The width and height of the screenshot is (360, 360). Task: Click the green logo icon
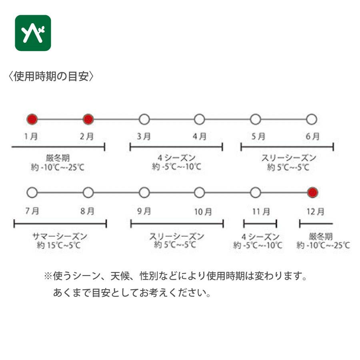pyautogui.click(x=33, y=33)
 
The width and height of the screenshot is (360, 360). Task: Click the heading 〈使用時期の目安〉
pyautogui.click(x=50, y=76)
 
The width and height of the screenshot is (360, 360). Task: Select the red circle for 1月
pyautogui.click(x=32, y=119)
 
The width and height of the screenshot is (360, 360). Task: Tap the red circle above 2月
pyautogui.click(x=88, y=119)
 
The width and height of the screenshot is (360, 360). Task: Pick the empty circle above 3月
pyautogui.click(x=144, y=119)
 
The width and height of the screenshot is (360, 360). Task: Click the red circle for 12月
pyautogui.click(x=312, y=193)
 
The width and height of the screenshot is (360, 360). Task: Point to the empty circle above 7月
pyautogui.click(x=32, y=193)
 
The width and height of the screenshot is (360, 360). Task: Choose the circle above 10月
pyautogui.click(x=200, y=193)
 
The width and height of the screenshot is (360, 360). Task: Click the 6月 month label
pyautogui.click(x=312, y=136)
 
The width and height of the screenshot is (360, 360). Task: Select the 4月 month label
pyautogui.click(x=200, y=136)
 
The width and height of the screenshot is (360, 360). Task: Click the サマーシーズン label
pyautogui.click(x=60, y=236)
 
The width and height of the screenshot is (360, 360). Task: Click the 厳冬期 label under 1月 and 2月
pyautogui.click(x=58, y=158)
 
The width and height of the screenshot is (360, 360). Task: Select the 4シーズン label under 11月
pyautogui.click(x=260, y=236)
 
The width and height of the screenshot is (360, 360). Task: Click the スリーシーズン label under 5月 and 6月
pyautogui.click(x=288, y=158)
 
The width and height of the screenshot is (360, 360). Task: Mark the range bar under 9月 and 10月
pyautogui.click(x=177, y=224)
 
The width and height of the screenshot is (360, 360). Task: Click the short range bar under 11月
pyautogui.click(x=260, y=224)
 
